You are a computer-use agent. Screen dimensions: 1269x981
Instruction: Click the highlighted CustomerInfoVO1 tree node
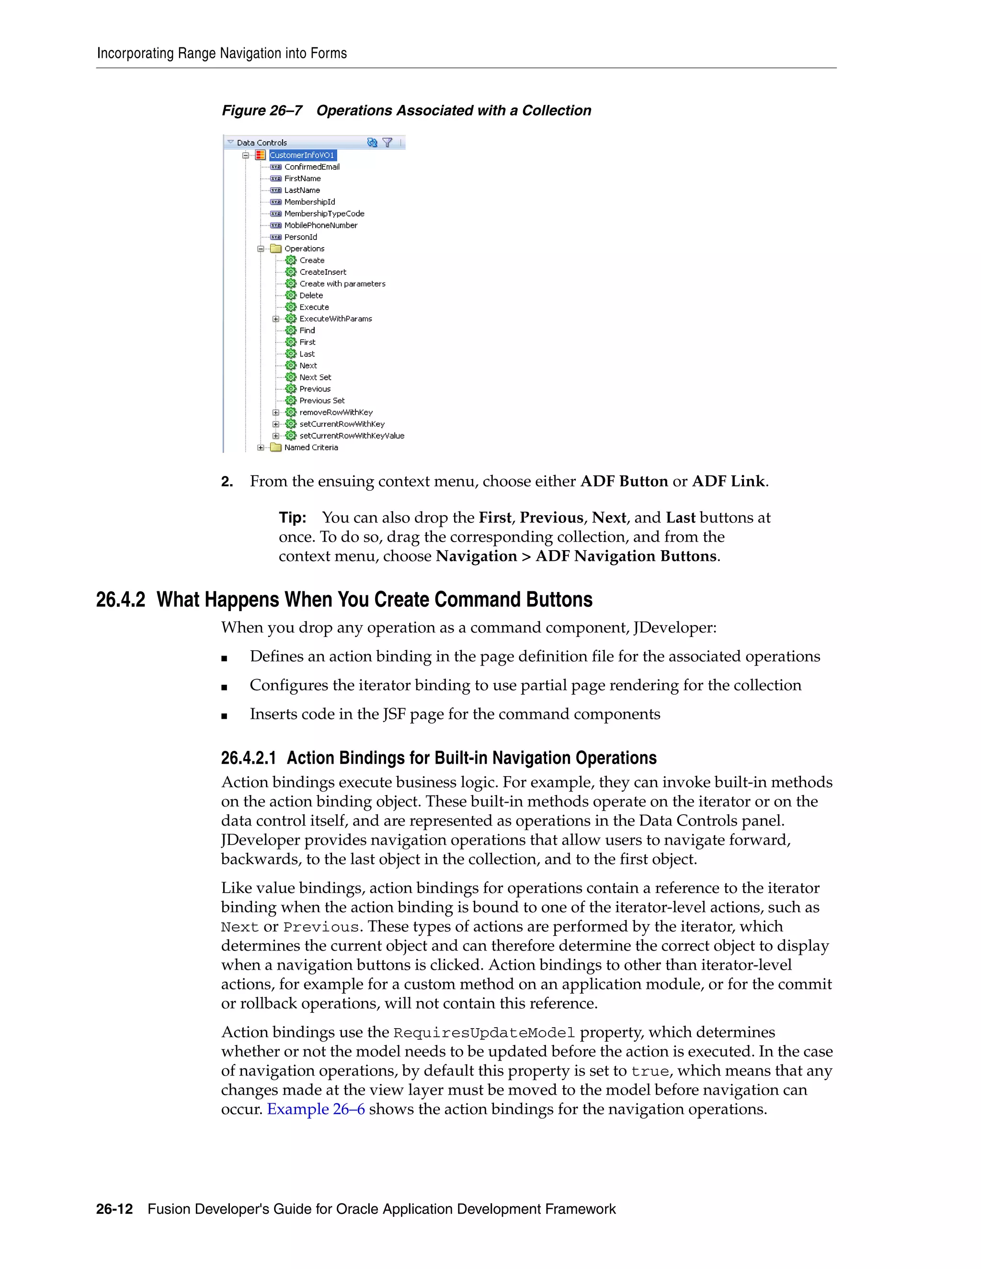(x=302, y=155)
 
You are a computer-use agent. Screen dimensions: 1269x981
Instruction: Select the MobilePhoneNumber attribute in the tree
(x=320, y=226)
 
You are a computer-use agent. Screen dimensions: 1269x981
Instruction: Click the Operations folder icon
(x=276, y=249)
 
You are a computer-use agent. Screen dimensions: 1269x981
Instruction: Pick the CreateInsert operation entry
(x=322, y=272)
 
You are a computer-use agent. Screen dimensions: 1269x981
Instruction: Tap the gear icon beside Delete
(x=291, y=295)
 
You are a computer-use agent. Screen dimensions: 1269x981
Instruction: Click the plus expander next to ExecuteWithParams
(x=276, y=319)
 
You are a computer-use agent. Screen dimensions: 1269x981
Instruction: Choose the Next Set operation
(x=315, y=377)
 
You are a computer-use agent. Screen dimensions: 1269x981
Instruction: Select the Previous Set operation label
(x=322, y=400)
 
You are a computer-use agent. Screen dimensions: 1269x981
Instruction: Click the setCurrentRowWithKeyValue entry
(x=352, y=436)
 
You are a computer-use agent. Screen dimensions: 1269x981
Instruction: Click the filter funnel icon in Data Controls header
(x=388, y=142)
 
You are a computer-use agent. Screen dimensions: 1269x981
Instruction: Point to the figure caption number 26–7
(x=286, y=111)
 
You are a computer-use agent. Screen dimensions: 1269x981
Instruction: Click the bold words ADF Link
(x=728, y=482)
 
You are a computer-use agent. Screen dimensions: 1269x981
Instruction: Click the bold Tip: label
(x=292, y=518)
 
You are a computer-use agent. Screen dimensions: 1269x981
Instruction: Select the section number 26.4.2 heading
(x=120, y=600)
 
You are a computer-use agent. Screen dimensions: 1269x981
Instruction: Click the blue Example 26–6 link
(x=316, y=1109)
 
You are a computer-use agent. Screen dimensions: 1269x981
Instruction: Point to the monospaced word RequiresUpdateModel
(x=484, y=1033)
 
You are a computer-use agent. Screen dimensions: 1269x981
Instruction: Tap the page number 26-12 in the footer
(x=114, y=1209)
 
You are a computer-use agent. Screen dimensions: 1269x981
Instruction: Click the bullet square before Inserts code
(x=224, y=716)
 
